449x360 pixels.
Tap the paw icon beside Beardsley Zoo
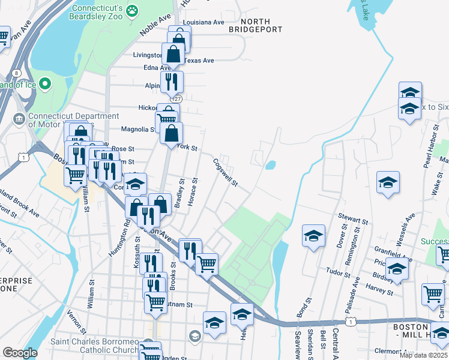[x=132, y=10]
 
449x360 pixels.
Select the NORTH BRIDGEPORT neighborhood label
[x=256, y=25]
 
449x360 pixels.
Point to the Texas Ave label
[x=199, y=61]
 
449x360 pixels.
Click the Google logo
[x=20, y=353]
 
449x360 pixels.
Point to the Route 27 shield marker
[x=176, y=98]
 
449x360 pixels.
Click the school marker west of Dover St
[x=313, y=236]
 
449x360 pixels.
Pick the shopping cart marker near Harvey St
[x=433, y=293]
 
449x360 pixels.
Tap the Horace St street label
[x=193, y=192]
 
